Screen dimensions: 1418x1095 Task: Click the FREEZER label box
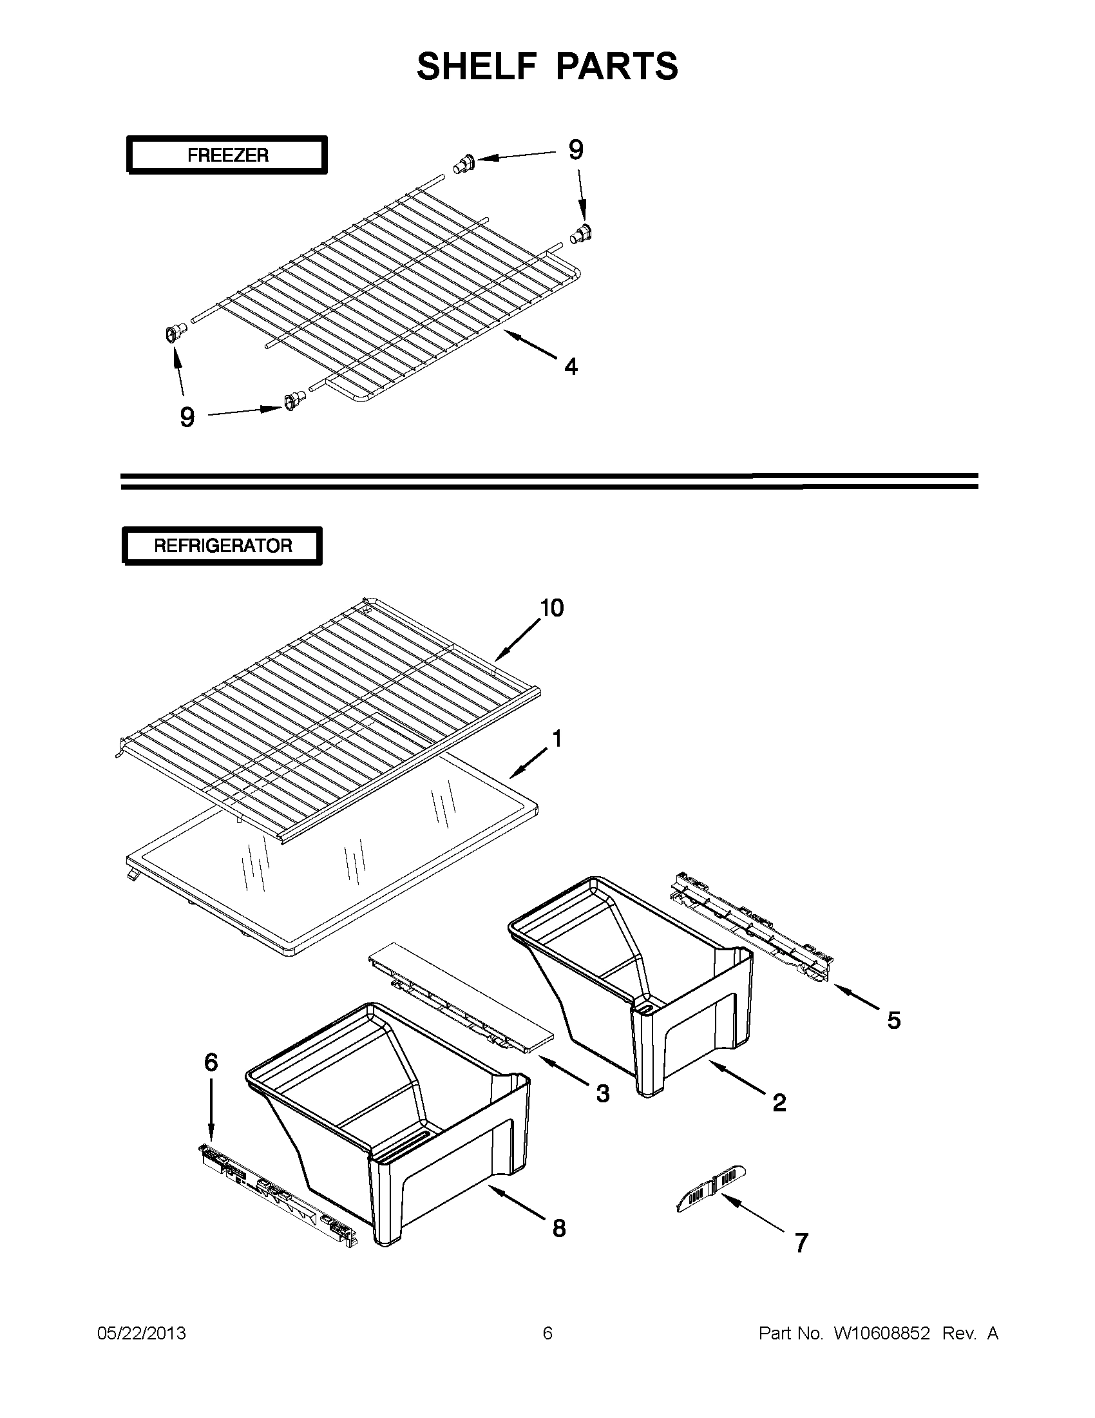pyautogui.click(x=227, y=155)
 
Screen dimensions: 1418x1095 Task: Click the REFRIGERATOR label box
pyautogui.click(x=223, y=546)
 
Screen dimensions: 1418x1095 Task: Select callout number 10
pyautogui.click(x=552, y=608)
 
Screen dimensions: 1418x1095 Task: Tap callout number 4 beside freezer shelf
pyautogui.click(x=571, y=367)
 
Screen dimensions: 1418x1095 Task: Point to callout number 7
pyautogui.click(x=802, y=1243)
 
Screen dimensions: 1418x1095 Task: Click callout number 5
pyautogui.click(x=894, y=1020)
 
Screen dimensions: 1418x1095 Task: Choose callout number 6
pyautogui.click(x=211, y=1062)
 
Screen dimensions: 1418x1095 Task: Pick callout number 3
pyautogui.click(x=603, y=1093)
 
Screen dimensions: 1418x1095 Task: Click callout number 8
pyautogui.click(x=559, y=1228)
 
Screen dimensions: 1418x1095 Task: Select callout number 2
pyautogui.click(x=779, y=1102)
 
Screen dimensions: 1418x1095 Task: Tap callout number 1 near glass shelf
pyautogui.click(x=557, y=739)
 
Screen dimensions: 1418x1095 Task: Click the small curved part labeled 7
pyautogui.click(x=710, y=1189)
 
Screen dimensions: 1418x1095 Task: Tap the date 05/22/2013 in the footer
pyautogui.click(x=142, y=1334)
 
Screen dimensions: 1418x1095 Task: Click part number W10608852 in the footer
pyautogui.click(x=881, y=1334)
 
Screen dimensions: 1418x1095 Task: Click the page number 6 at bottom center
pyautogui.click(x=547, y=1334)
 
